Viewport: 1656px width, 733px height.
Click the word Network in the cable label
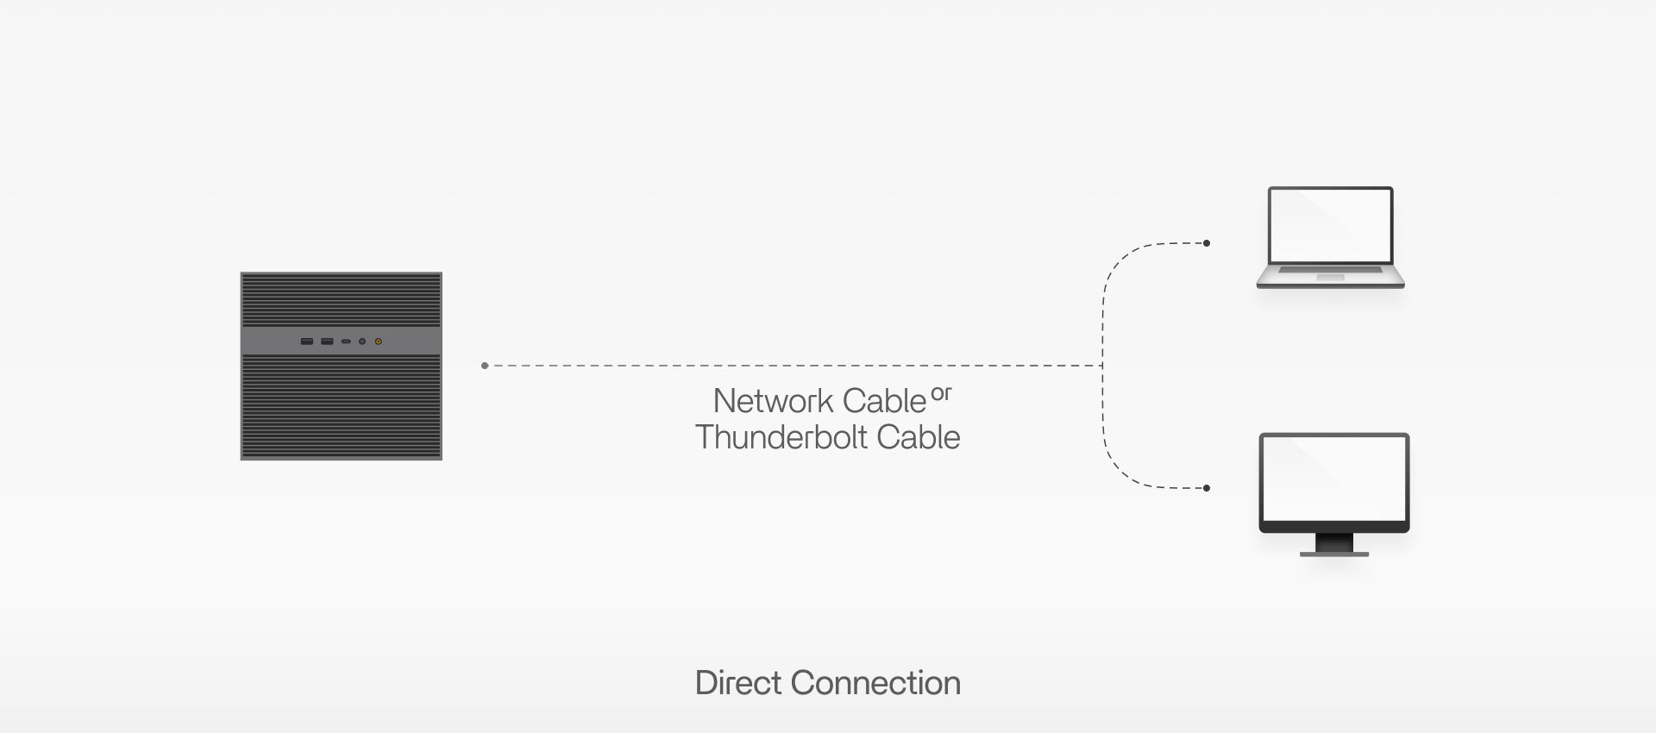pyautogui.click(x=773, y=402)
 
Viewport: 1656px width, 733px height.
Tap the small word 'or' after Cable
pyautogui.click(x=941, y=394)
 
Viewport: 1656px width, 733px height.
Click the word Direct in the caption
pyautogui.click(x=737, y=683)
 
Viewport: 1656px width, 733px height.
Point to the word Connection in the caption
pyautogui.click(x=875, y=683)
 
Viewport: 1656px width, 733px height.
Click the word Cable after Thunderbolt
pyautogui.click(x=918, y=438)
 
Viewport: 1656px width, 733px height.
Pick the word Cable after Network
pyautogui.click(x=883, y=402)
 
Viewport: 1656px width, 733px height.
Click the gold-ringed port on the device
pyautogui.click(x=378, y=341)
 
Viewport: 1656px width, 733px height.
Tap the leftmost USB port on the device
pyautogui.click(x=307, y=341)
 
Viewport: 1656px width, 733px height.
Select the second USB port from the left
pyautogui.click(x=327, y=341)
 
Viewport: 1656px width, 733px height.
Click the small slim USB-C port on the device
pyautogui.click(x=346, y=341)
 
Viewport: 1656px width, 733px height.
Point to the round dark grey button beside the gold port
pyautogui.click(x=362, y=341)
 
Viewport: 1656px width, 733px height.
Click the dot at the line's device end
pyautogui.click(x=485, y=366)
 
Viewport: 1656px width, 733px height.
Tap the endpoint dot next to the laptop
pyautogui.click(x=1206, y=243)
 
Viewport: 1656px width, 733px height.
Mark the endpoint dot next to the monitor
pyautogui.click(x=1206, y=488)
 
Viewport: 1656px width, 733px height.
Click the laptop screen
pyautogui.click(x=1330, y=225)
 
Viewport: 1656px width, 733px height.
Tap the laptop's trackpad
pyautogui.click(x=1330, y=277)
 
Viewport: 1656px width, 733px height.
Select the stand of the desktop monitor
pyautogui.click(x=1333, y=546)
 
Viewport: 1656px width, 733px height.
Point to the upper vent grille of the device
pyautogui.click(x=341, y=299)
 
